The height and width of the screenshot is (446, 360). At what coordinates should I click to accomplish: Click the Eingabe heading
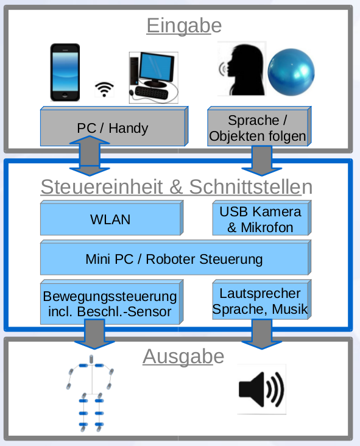[183, 26]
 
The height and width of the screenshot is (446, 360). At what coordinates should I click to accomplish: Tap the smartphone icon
[65, 72]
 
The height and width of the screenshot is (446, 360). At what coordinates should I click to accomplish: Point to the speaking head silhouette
[242, 70]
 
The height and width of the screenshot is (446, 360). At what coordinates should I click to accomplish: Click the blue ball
[291, 72]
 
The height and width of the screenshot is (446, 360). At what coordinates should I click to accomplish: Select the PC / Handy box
[113, 127]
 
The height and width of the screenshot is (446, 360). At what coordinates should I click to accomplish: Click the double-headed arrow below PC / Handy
[90, 156]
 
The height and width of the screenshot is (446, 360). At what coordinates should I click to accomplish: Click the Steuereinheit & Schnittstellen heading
[176, 187]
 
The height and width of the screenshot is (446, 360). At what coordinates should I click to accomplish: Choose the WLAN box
[110, 219]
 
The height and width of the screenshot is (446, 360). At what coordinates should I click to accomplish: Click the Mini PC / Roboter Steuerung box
[174, 258]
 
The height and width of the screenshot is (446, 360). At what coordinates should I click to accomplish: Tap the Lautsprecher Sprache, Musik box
[260, 300]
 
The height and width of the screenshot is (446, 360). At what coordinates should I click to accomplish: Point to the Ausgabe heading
[183, 356]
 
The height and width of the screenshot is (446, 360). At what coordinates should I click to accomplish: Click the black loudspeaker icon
[261, 389]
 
